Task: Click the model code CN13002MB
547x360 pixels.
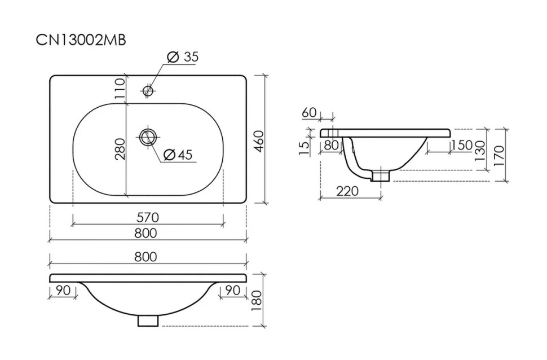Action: tap(81, 40)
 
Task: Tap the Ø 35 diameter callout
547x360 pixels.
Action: tap(183, 56)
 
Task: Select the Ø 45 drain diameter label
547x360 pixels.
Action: tap(178, 155)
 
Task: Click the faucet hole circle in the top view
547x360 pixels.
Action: tap(148, 91)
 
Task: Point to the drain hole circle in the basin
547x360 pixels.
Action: tap(148, 137)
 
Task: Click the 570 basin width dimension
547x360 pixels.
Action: tap(148, 218)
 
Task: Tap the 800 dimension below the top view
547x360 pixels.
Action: tap(146, 233)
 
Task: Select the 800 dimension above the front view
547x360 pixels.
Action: tap(146, 257)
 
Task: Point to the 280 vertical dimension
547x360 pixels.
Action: tap(120, 149)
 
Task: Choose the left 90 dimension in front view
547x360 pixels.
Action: tap(63, 290)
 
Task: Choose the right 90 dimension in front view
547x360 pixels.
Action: tap(233, 290)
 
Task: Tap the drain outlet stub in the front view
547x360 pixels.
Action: tap(148, 321)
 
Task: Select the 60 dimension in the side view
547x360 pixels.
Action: tap(309, 112)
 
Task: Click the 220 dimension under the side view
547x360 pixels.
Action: tap(347, 191)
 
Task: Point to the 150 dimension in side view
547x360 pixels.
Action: tap(462, 145)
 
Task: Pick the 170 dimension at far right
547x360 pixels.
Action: tap(499, 156)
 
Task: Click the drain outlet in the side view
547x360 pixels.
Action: tap(381, 174)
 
